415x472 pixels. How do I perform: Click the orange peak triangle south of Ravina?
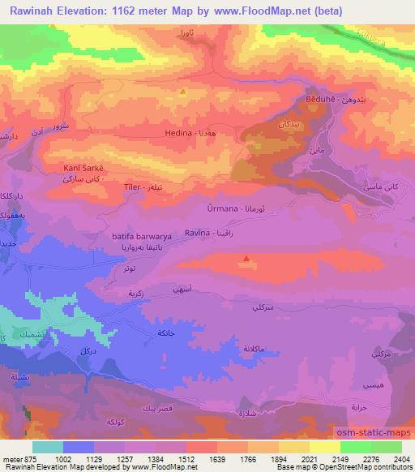[246, 260]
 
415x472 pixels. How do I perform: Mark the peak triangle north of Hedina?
[183, 92]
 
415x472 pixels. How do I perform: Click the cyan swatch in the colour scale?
[48, 447]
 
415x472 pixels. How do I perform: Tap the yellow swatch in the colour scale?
[325, 447]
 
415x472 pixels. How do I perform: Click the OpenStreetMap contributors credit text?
[362, 467]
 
